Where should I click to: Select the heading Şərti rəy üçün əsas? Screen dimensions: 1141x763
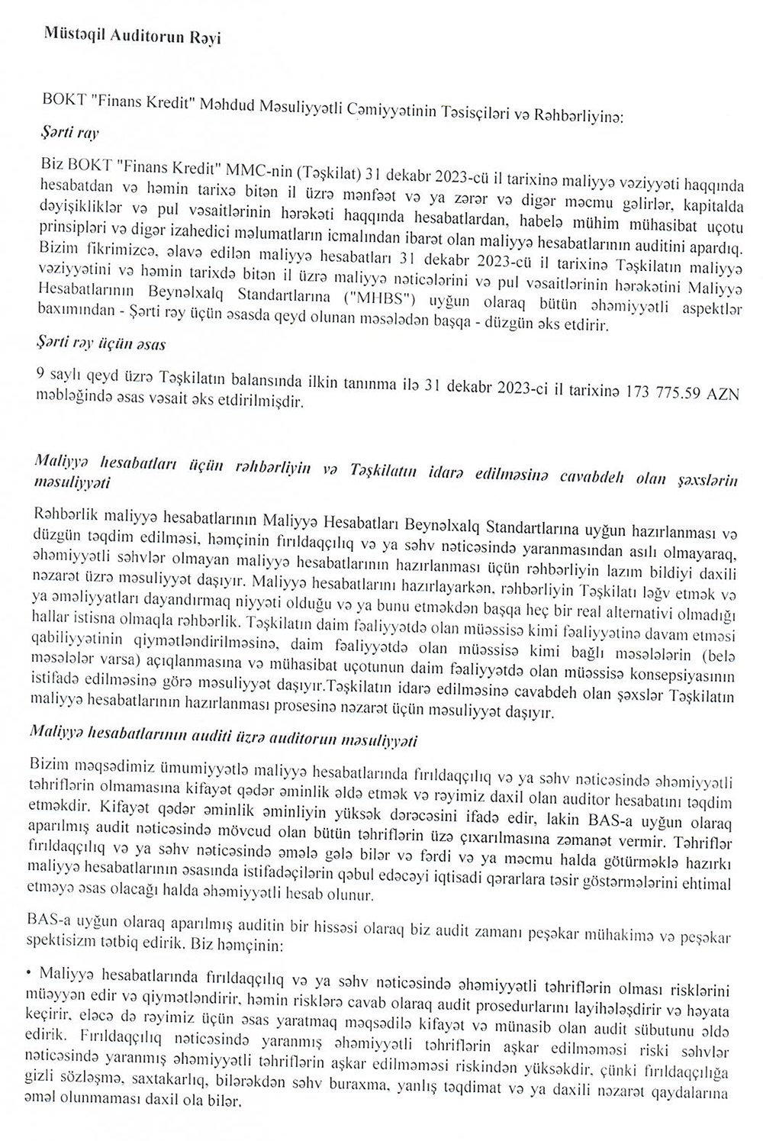pyautogui.click(x=101, y=343)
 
